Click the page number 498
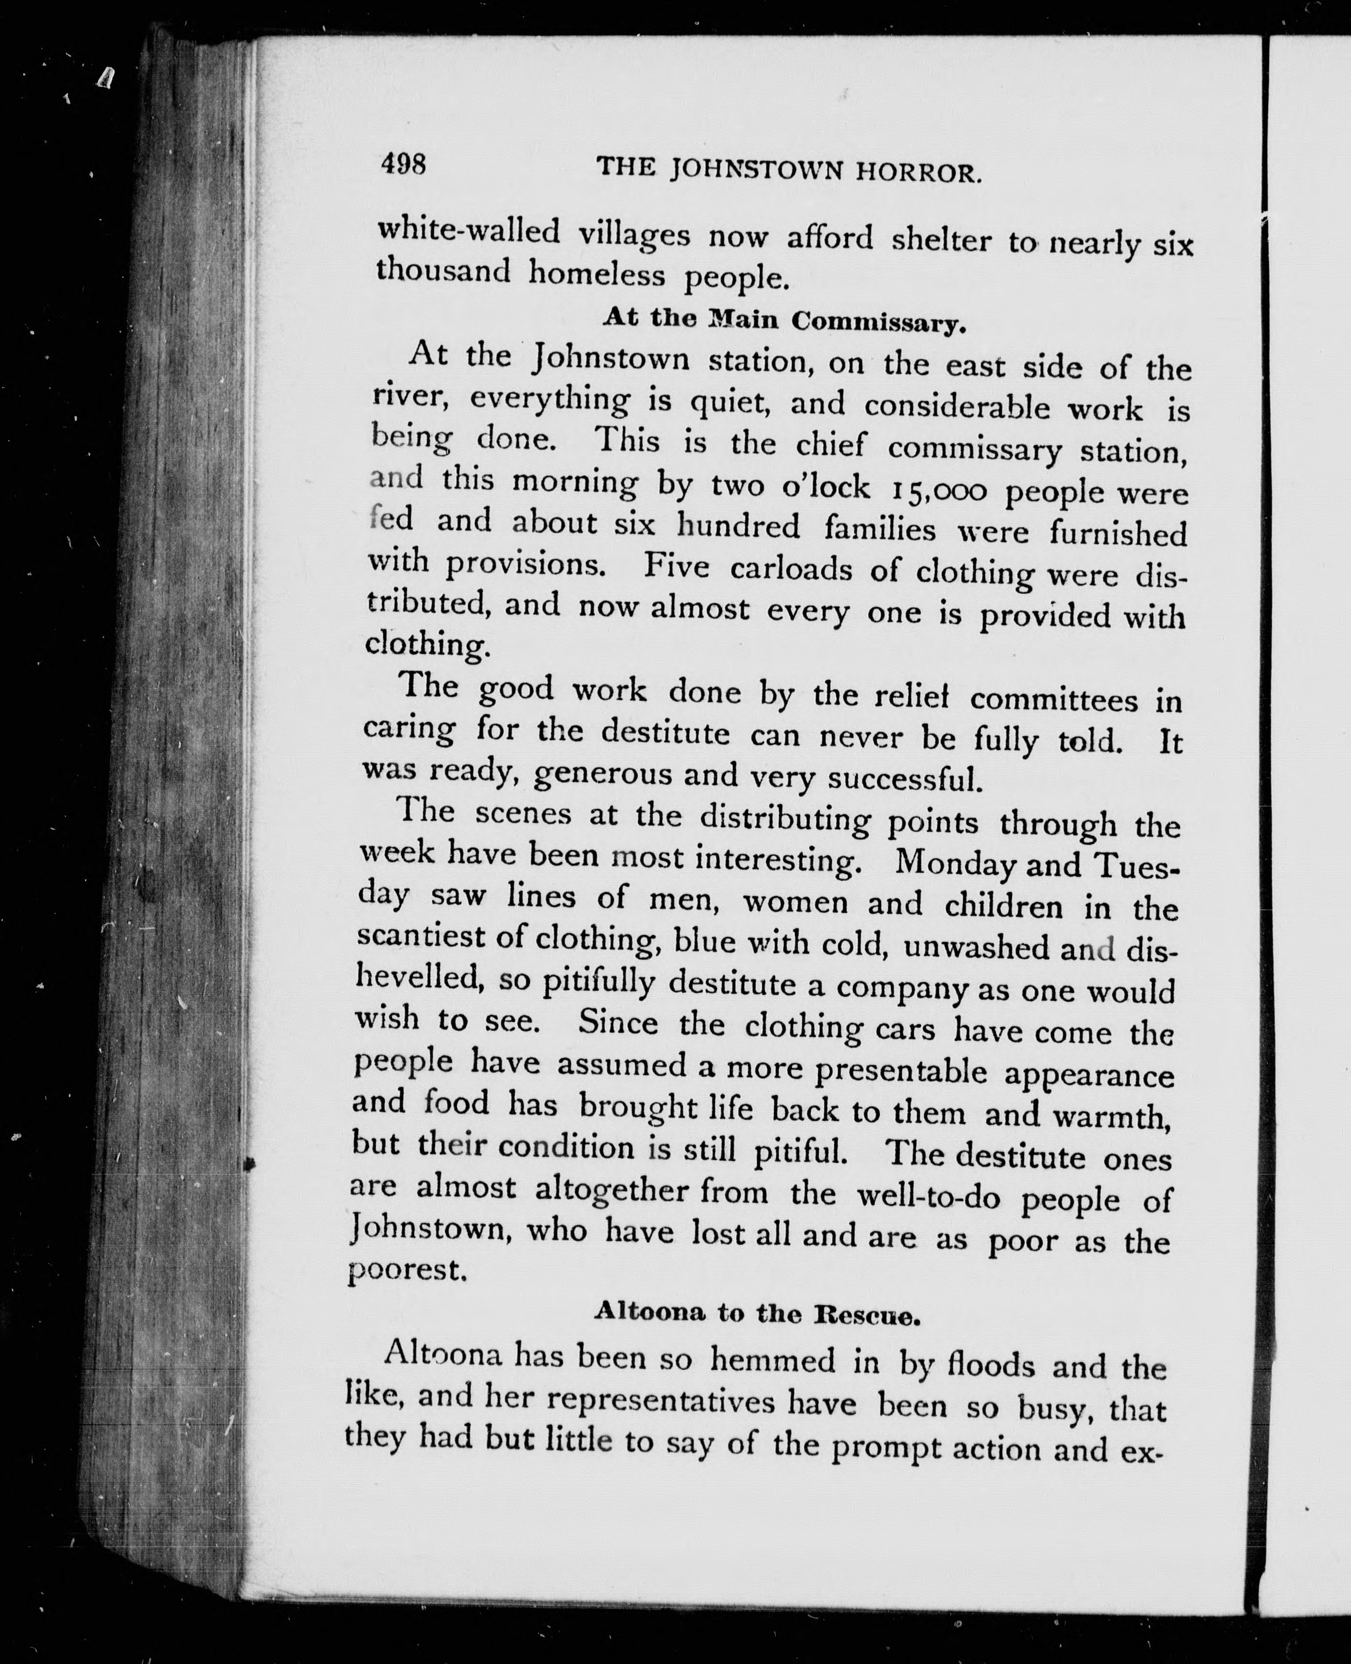click(x=403, y=164)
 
